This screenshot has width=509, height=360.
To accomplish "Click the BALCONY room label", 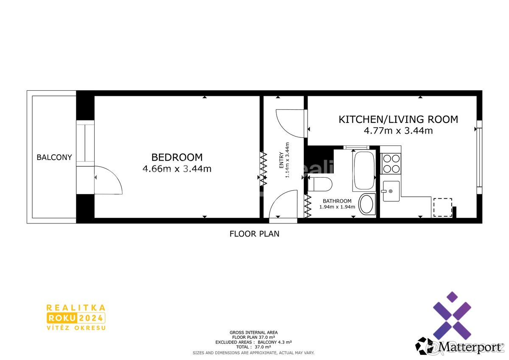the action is (54, 157).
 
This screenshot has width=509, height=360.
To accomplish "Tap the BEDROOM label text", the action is (177, 157).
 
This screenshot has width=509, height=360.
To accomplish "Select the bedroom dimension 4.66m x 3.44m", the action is (177, 169).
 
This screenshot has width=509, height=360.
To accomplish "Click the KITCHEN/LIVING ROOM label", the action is (398, 120).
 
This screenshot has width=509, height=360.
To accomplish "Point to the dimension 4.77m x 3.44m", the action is (398, 131).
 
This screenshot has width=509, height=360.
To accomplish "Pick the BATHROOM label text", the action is (337, 201).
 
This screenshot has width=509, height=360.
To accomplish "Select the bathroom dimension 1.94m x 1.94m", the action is (337, 207).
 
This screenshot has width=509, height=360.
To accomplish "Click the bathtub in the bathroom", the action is (364, 170).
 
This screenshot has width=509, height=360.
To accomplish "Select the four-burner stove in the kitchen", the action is (391, 164).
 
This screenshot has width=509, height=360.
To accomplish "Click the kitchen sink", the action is (391, 191).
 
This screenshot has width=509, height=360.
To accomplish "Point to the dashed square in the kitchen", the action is (443, 207).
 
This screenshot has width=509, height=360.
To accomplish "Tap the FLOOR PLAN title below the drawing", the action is (254, 234).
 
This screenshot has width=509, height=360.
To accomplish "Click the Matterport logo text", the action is (470, 347).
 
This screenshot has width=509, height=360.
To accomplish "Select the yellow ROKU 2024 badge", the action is (76, 318).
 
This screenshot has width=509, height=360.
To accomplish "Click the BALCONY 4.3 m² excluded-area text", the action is (275, 342).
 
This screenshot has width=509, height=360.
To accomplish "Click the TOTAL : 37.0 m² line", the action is (254, 347).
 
